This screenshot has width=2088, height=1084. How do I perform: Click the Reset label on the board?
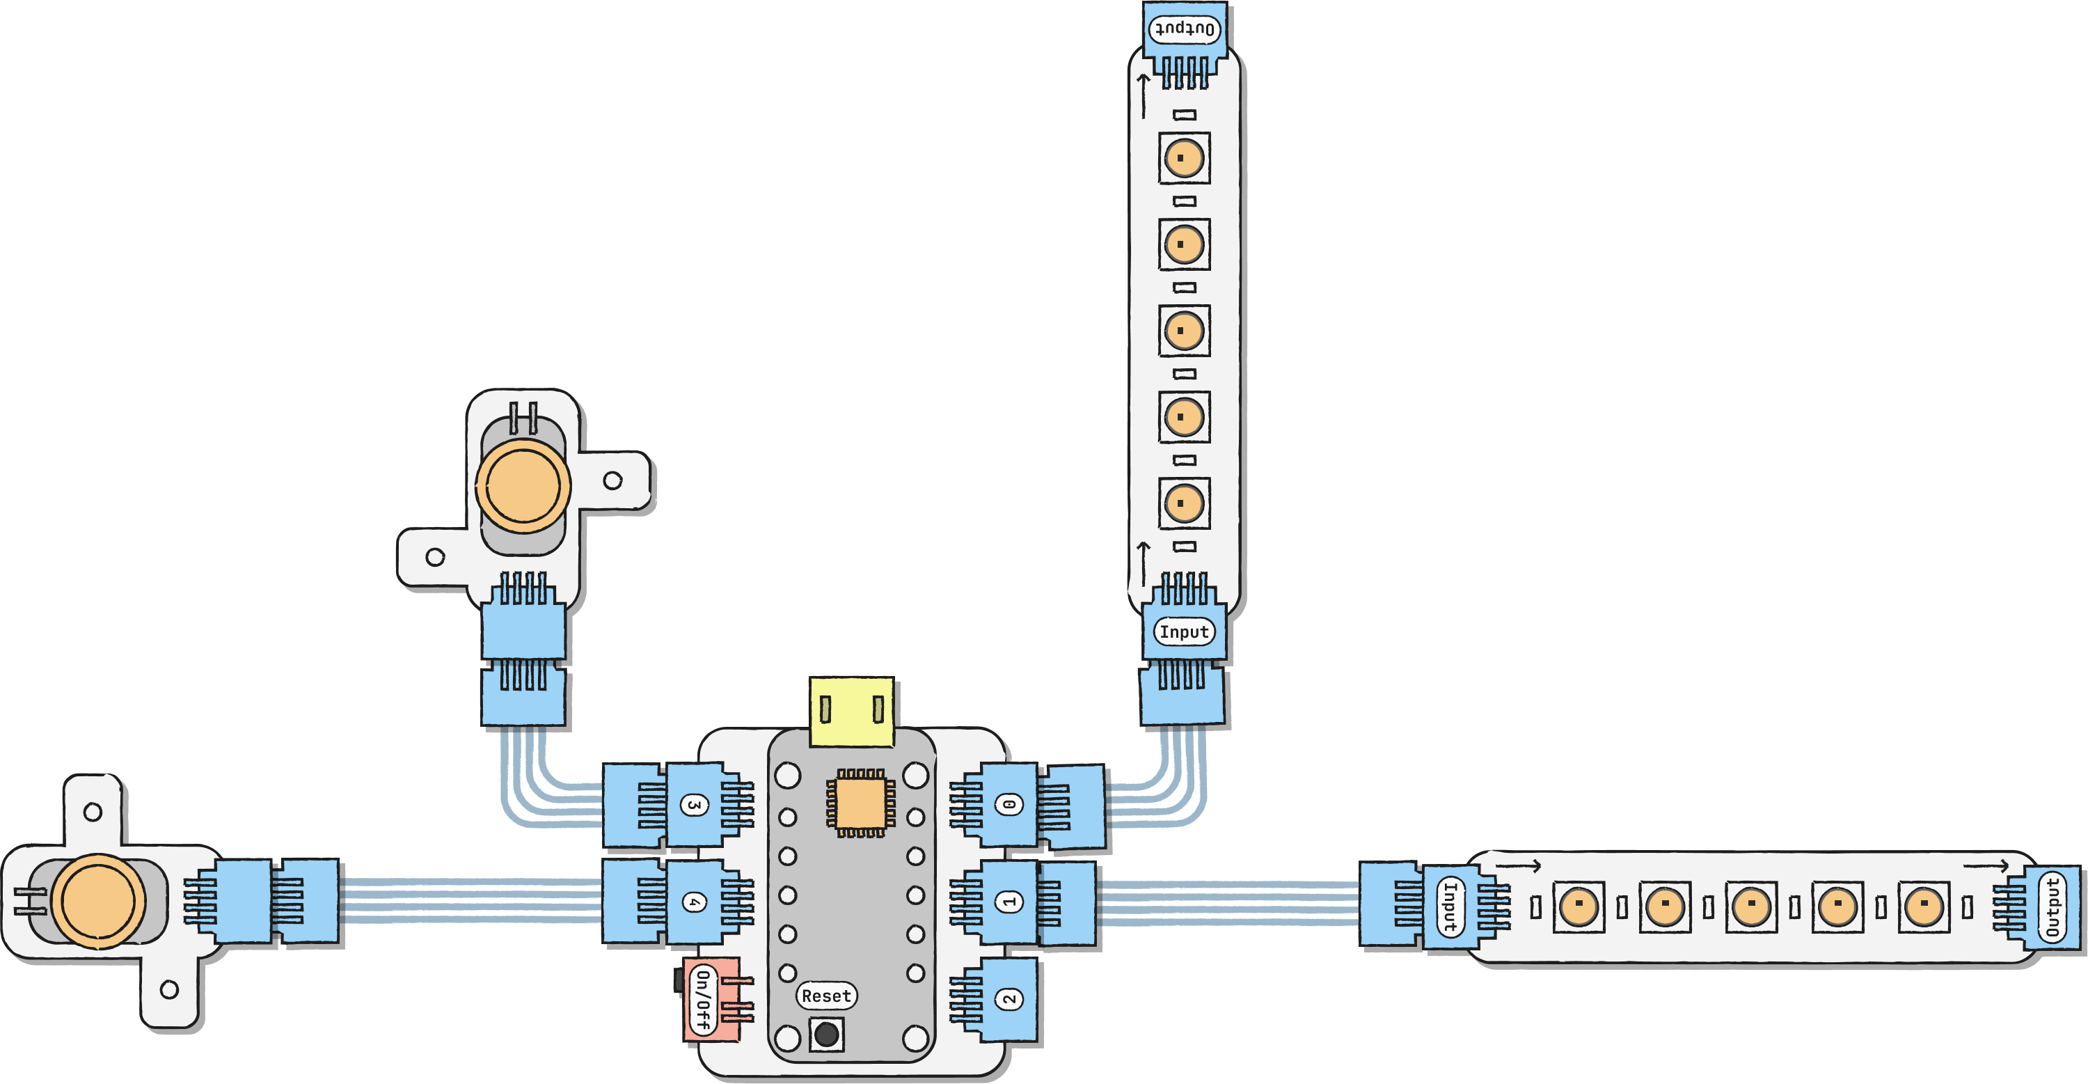click(x=826, y=996)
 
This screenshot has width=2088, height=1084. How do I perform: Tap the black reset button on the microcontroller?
click(x=826, y=1035)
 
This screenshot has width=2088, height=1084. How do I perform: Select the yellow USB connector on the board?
click(x=851, y=711)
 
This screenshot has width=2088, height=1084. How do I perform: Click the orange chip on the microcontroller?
click(x=860, y=803)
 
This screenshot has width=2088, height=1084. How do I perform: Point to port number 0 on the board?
click(x=1009, y=805)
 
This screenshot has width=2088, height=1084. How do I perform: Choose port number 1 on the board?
click(x=1009, y=902)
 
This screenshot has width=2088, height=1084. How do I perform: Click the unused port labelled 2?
click(x=1009, y=999)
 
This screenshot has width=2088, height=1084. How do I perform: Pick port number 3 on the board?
click(x=694, y=805)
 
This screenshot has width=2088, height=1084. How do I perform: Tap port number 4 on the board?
click(x=694, y=902)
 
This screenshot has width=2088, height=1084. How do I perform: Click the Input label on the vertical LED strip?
click(x=1183, y=631)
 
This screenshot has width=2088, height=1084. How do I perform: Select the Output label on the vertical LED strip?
click(x=1183, y=30)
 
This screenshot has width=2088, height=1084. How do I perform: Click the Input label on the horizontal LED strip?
click(x=1450, y=906)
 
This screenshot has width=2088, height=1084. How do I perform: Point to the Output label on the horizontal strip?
click(x=2052, y=906)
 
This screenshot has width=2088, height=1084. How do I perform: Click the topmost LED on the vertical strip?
click(x=1183, y=158)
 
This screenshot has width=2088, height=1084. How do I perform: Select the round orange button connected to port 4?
click(x=98, y=901)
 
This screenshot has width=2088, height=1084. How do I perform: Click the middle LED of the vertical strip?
click(x=1183, y=331)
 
